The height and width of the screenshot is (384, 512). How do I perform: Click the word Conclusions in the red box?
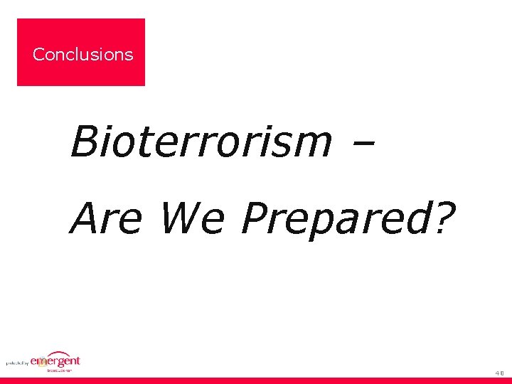[82, 54]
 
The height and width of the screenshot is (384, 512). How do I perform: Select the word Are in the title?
[106, 218]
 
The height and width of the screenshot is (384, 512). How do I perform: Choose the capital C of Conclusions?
[38, 54]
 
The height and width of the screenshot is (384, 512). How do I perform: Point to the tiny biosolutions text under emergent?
[60, 370]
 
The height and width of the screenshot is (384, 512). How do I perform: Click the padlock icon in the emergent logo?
[42, 363]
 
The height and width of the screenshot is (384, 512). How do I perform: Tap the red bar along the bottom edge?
[256, 380]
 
